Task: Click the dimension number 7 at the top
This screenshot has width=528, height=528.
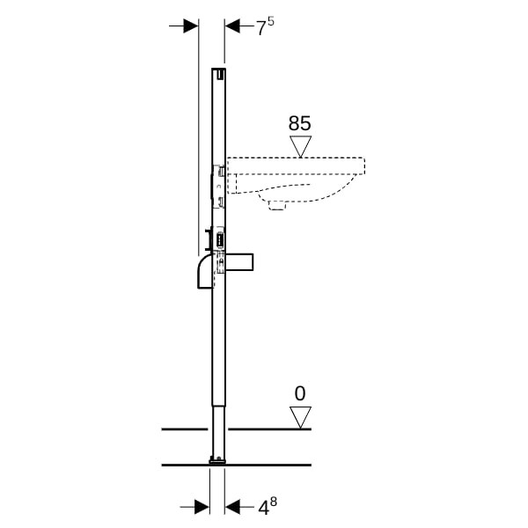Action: click(261, 28)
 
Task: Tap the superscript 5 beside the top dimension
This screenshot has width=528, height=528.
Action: click(271, 21)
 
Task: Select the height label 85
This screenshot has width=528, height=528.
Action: click(300, 123)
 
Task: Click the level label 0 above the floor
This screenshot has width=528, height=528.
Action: click(300, 393)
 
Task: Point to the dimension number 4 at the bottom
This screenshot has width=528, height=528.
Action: click(263, 508)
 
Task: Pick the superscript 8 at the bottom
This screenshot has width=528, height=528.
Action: click(273, 502)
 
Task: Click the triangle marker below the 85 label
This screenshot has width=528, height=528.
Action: click(300, 146)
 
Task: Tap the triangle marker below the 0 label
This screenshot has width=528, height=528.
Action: click(300, 417)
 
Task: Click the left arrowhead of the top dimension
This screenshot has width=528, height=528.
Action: click(191, 26)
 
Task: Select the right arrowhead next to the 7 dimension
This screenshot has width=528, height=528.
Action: click(232, 26)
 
